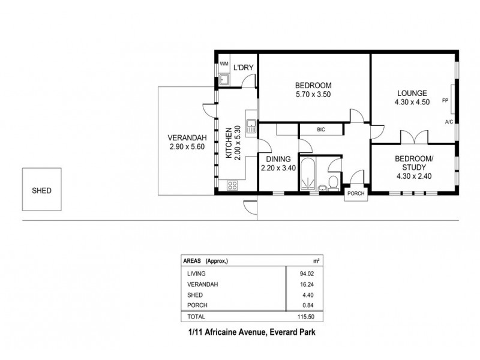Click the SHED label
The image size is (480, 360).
tap(41, 191)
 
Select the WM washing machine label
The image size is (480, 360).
tap(223, 64)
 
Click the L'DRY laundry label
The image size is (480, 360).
tap(243, 67)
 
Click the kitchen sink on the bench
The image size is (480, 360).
tap(253, 125)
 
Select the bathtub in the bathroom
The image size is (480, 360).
tap(311, 175)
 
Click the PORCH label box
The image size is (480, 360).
tap(355, 194)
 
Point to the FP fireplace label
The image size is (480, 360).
tap(445, 100)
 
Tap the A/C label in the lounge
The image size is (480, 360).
tap(448, 122)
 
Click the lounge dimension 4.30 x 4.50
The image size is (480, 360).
tap(412, 102)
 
